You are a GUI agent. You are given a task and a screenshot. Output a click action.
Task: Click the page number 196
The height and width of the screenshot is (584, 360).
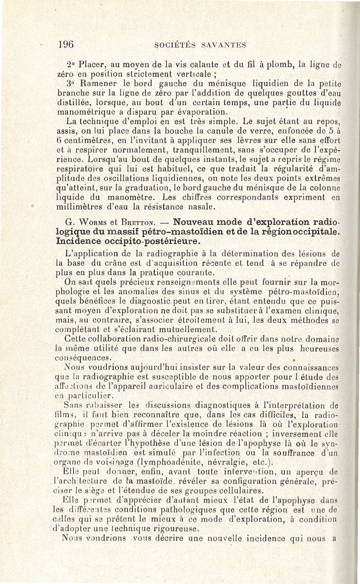(x=66, y=44)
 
